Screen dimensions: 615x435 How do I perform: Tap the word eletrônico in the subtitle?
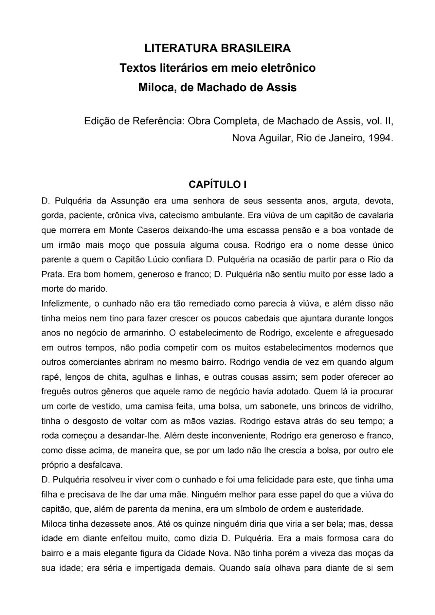coord(286,68)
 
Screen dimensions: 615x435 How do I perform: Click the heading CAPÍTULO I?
coord(217,184)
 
